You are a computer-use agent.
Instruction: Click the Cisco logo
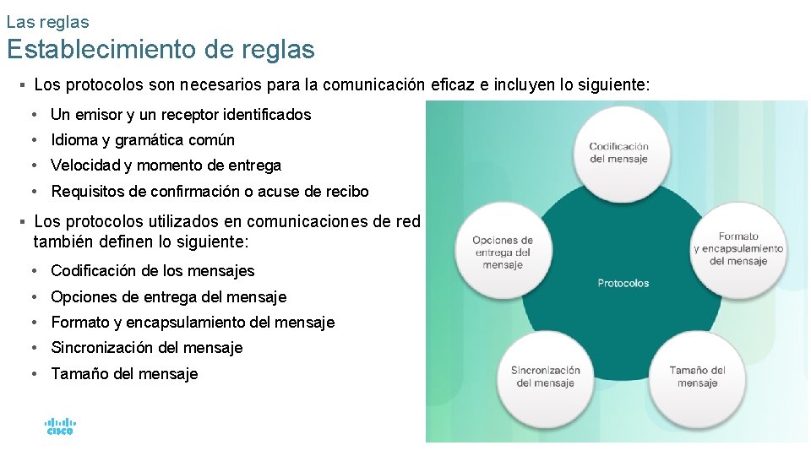pyautogui.click(x=60, y=426)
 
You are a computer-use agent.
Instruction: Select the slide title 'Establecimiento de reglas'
pyautogui.click(x=161, y=49)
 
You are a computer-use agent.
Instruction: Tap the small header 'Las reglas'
pyautogui.click(x=47, y=22)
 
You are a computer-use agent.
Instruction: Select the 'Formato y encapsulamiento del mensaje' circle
pyautogui.click(x=738, y=248)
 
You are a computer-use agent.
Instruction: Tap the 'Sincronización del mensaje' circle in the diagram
pyautogui.click(x=545, y=377)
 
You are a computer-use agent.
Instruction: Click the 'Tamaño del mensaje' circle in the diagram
pyautogui.click(x=697, y=377)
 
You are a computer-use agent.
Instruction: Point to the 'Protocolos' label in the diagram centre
pyautogui.click(x=623, y=283)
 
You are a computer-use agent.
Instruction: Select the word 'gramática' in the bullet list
pyautogui.click(x=151, y=140)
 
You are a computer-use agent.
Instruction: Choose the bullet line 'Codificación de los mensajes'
pyautogui.click(x=152, y=271)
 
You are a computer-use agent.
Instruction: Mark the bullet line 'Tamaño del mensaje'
pyautogui.click(x=124, y=373)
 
